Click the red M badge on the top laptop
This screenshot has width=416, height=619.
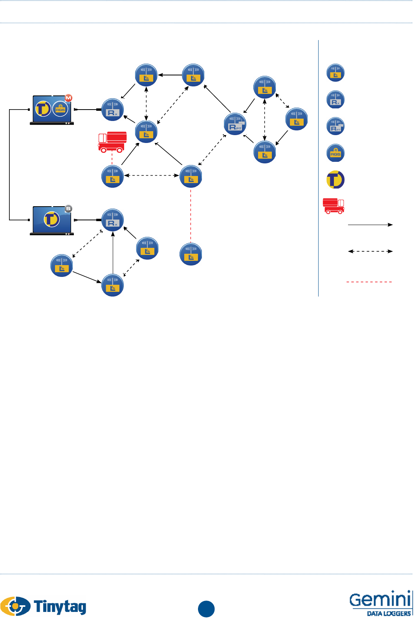click(69, 97)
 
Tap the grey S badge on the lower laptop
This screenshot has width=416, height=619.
click(69, 209)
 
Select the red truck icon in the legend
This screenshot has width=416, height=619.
click(334, 206)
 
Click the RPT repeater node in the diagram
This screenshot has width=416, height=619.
click(235, 124)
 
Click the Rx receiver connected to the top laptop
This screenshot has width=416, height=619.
click(113, 110)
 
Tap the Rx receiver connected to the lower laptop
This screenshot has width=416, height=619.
click(113, 220)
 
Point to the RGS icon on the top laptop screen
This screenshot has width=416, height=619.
click(60, 109)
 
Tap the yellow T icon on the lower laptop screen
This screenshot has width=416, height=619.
click(51, 219)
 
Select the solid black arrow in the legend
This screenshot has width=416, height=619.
click(370, 225)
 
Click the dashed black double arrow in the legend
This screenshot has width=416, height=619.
click(370, 251)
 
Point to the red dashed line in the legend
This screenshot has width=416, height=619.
click(369, 282)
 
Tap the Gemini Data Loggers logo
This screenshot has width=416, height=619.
click(380, 603)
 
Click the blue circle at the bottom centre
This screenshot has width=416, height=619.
click(206, 609)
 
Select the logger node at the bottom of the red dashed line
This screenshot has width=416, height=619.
click(191, 254)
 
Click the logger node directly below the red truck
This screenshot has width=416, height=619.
click(113, 177)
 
